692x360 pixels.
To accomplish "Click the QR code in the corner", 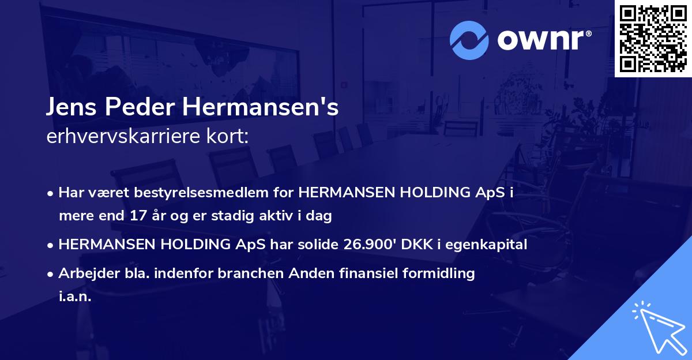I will (653, 38).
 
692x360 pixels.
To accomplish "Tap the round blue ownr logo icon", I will (469, 40).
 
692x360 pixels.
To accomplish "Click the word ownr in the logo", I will (540, 40).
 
